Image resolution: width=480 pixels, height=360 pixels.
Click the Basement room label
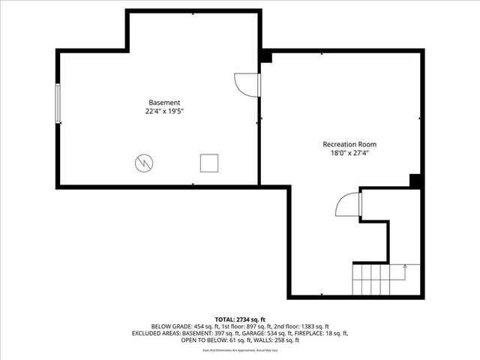164,102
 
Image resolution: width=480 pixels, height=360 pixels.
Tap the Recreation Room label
349,144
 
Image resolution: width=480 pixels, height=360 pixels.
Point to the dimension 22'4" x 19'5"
164,111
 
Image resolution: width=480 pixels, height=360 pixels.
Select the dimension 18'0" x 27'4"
349,153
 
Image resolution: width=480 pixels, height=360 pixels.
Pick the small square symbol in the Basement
208,163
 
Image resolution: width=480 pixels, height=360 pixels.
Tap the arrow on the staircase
405,266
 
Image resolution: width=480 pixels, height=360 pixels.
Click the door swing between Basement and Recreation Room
246,84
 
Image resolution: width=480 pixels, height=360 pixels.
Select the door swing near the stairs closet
348,204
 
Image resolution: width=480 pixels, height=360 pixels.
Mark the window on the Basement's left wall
58,107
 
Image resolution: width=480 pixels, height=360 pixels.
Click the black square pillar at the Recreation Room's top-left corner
265,57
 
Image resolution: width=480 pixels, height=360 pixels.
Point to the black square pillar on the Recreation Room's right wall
414,180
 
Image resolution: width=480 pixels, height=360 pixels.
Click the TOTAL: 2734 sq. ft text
240,319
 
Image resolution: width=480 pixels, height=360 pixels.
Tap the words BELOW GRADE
171,326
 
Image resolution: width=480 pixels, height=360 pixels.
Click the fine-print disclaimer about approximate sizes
240,350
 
